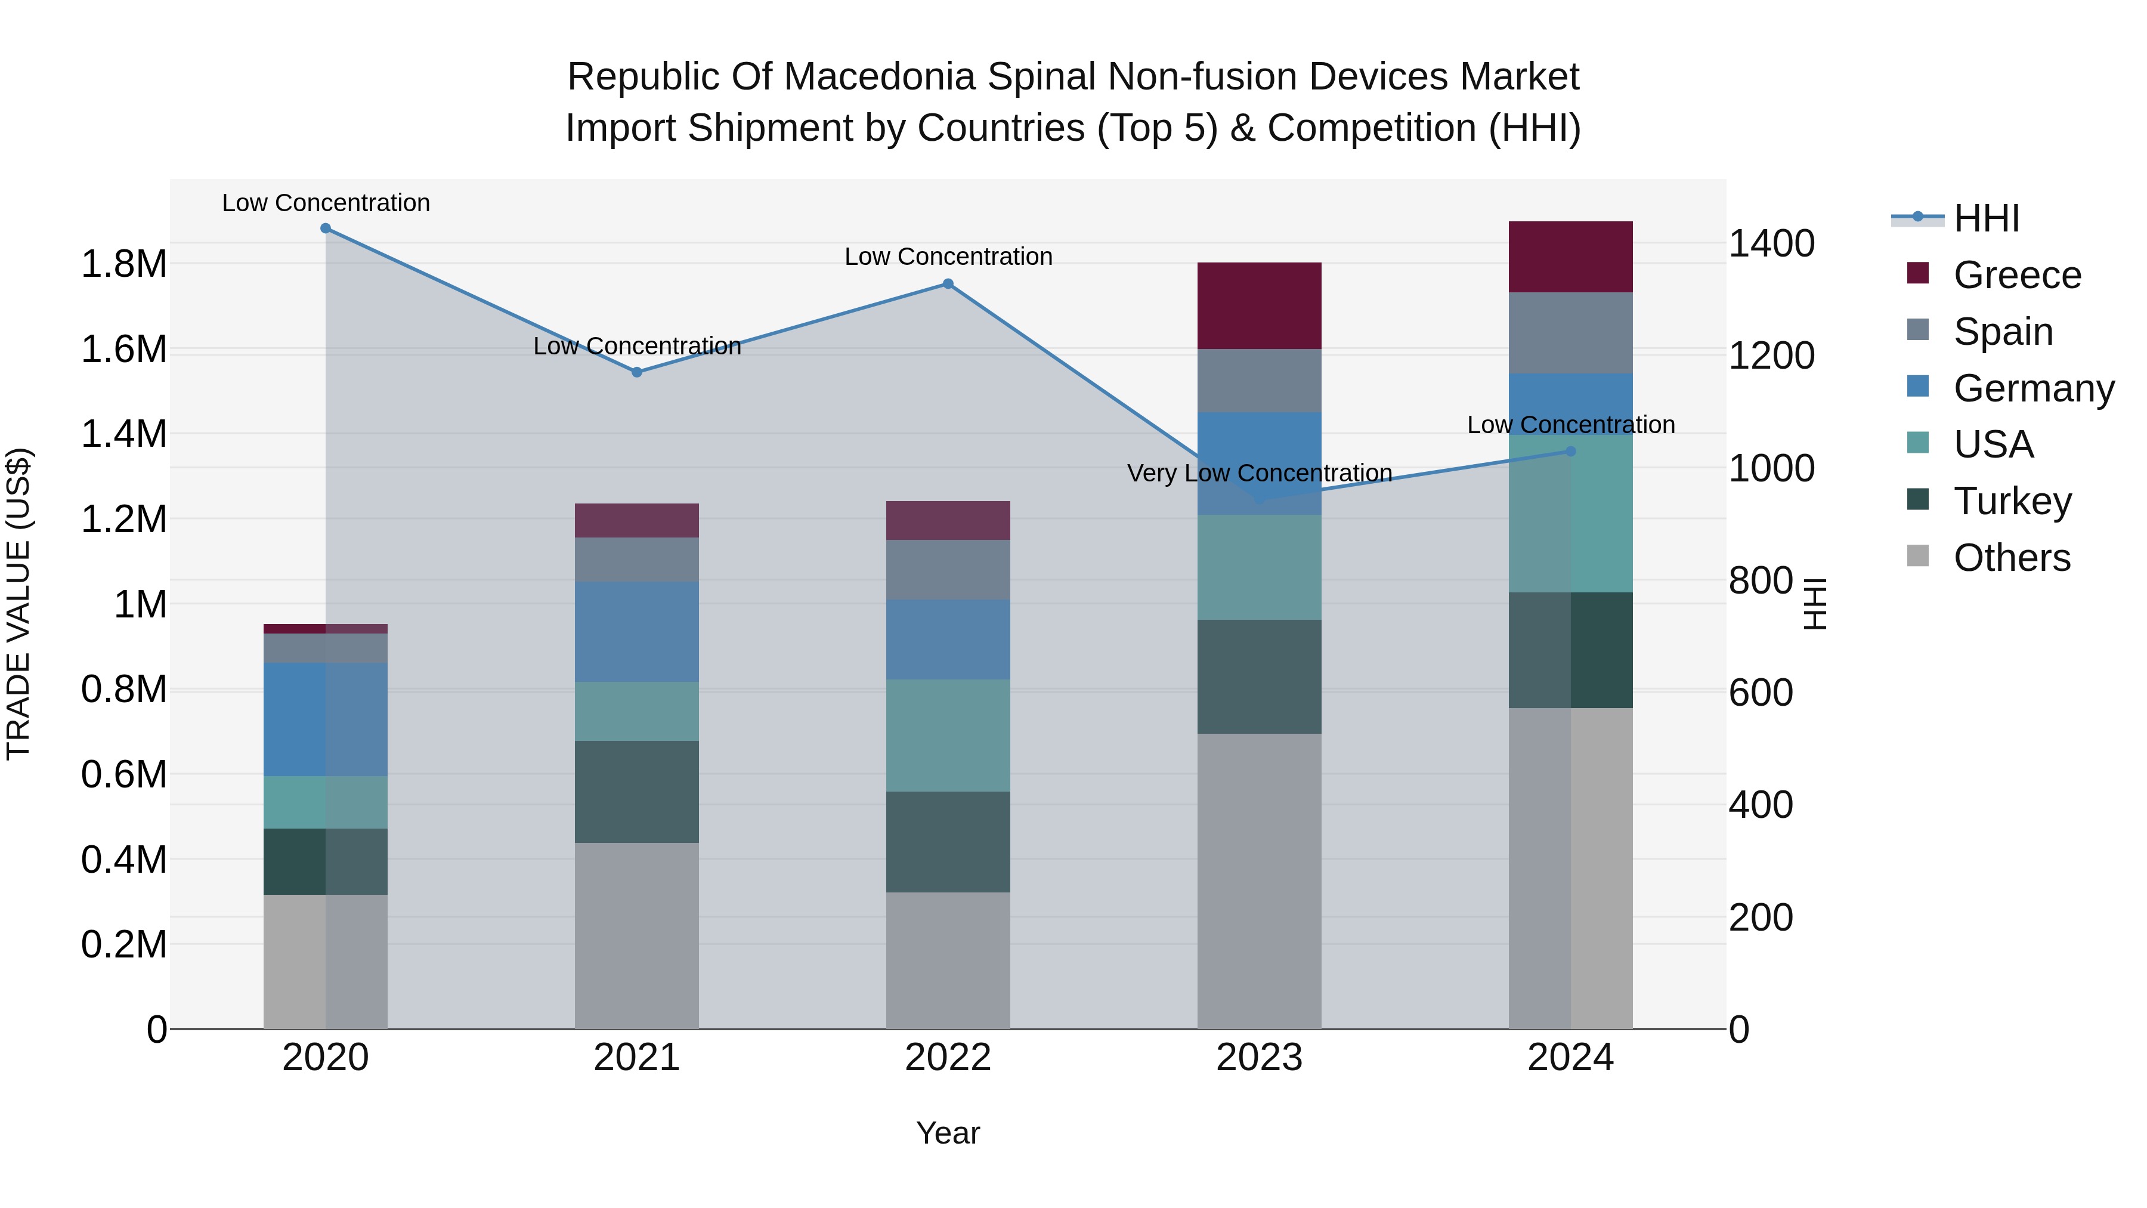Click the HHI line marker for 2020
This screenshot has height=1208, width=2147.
[326, 228]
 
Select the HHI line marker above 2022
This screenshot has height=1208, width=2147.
[948, 285]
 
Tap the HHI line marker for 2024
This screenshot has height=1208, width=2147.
[1570, 452]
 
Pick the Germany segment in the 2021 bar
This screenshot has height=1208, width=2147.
[637, 632]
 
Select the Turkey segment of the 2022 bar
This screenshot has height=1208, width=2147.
[948, 842]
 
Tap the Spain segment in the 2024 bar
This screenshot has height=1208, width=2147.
[1570, 333]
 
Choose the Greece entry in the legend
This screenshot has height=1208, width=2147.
[2016, 275]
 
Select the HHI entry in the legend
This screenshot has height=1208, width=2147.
[1985, 218]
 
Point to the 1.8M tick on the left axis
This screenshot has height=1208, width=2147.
[123, 264]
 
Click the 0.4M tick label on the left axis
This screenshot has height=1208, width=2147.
[123, 860]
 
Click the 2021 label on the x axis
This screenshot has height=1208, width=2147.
[637, 1058]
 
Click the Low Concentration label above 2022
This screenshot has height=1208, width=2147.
[948, 257]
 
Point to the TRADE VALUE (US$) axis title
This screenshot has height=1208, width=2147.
[18, 604]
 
